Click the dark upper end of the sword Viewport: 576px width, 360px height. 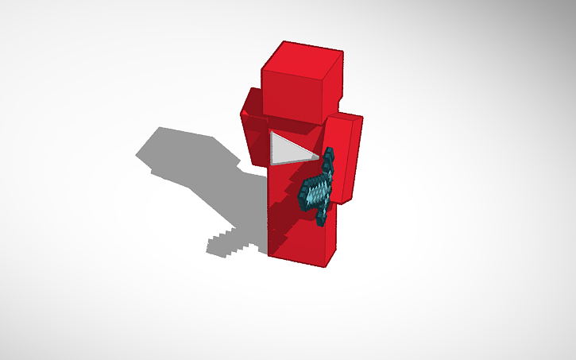(329, 156)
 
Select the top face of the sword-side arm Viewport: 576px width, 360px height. (346, 118)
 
